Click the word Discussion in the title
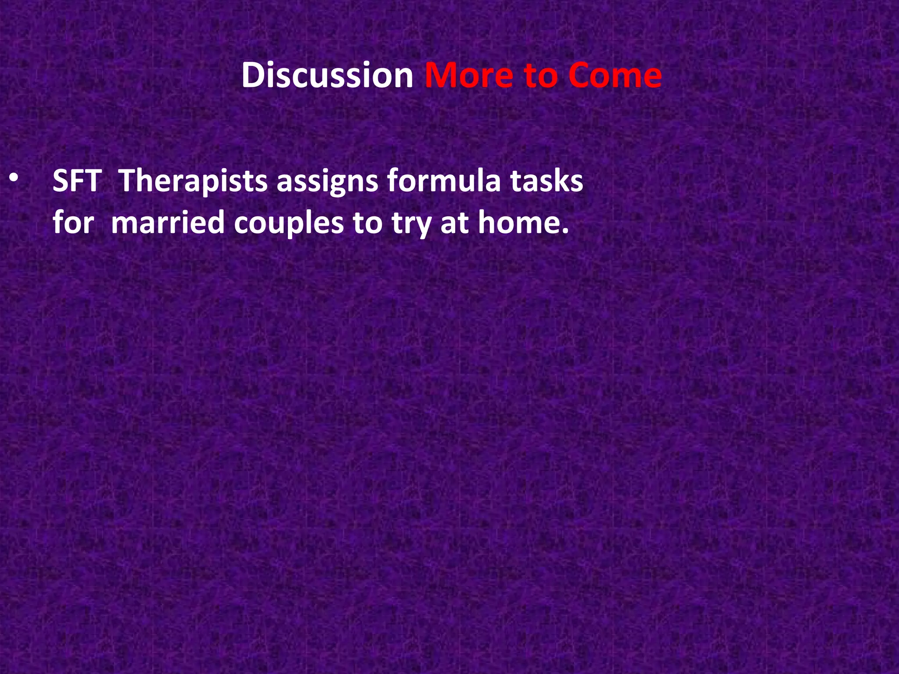point(327,75)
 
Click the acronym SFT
point(77,181)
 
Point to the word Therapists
point(193,181)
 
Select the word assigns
point(327,182)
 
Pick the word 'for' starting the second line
point(73,222)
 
